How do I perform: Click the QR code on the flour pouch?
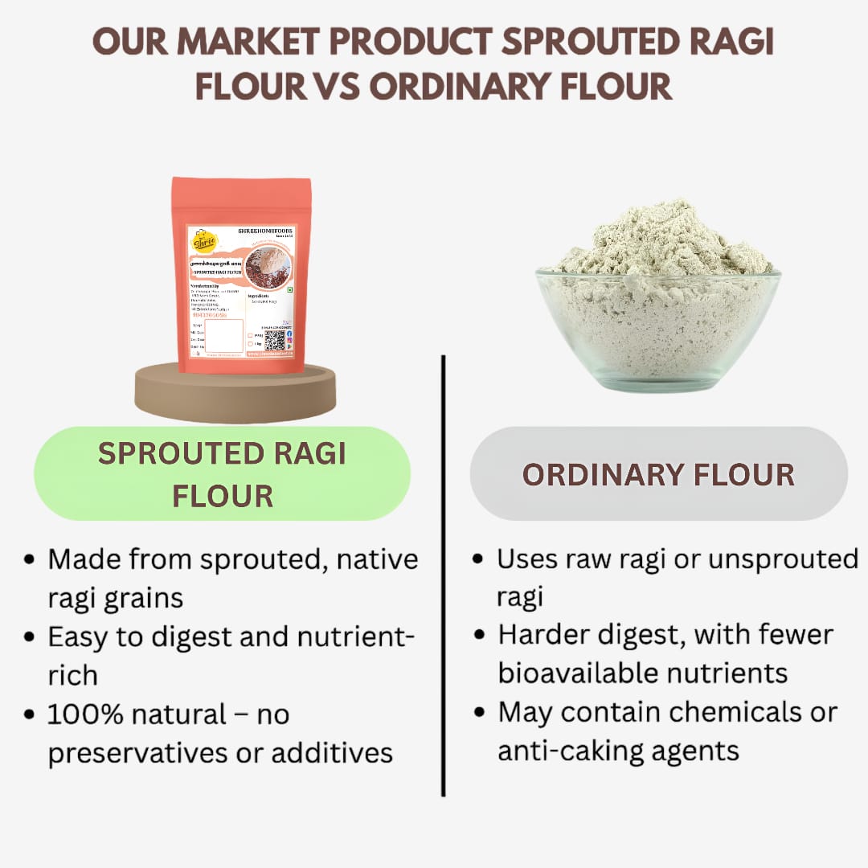pyautogui.click(x=274, y=340)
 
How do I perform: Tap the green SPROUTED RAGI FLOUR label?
pyautogui.click(x=222, y=474)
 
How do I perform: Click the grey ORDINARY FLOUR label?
pyautogui.click(x=658, y=474)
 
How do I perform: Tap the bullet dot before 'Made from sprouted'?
pyautogui.click(x=30, y=560)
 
